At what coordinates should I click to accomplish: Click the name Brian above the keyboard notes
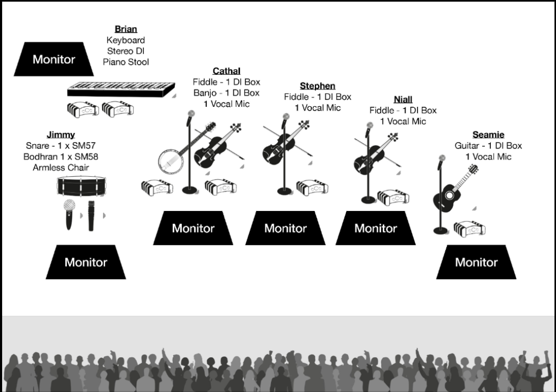[x=126, y=29]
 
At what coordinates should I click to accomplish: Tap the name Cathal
[x=226, y=71]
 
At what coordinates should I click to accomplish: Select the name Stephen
[x=317, y=86]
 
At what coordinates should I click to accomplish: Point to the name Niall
[x=403, y=99]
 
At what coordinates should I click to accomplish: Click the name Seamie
[x=488, y=134]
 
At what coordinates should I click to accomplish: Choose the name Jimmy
[x=61, y=134]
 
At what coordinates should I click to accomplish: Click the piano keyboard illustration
[x=121, y=89]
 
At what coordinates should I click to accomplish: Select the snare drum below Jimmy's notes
[x=81, y=187]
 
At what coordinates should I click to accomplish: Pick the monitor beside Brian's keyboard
[x=54, y=59]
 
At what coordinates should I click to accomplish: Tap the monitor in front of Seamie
[x=476, y=262]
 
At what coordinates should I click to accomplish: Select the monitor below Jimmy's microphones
[x=86, y=262]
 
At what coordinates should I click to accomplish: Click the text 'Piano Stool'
[x=126, y=62]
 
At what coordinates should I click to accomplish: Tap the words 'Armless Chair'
[x=61, y=168]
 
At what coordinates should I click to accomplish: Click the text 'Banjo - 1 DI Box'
[x=226, y=93]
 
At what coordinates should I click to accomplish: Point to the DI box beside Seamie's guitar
[x=470, y=229]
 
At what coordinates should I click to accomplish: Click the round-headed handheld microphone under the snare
[x=69, y=214]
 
